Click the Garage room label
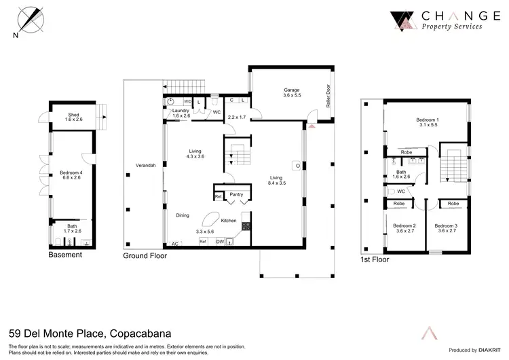click(x=291, y=90)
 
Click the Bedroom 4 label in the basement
click(x=71, y=173)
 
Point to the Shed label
click(x=73, y=115)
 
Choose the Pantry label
click(x=236, y=194)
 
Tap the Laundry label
click(x=180, y=110)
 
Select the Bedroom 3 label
click(x=445, y=225)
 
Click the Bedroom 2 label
click(x=404, y=225)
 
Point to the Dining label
click(x=183, y=215)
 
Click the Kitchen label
click(x=228, y=221)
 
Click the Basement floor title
click(x=65, y=255)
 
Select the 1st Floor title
click(x=375, y=259)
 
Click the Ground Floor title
click(x=145, y=256)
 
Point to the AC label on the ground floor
click(x=174, y=243)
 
